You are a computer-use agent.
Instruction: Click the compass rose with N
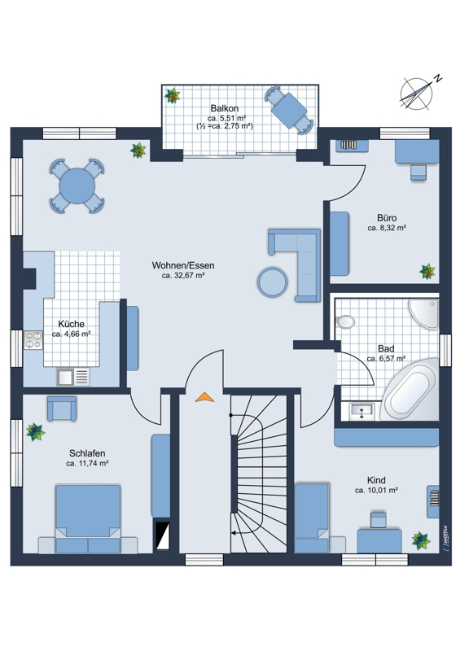[x=418, y=94]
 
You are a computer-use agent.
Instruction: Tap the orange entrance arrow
[x=205, y=397]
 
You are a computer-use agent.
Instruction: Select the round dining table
[x=77, y=186]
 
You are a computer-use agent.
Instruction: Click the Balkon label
[x=225, y=108]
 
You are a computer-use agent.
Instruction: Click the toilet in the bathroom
[x=345, y=321]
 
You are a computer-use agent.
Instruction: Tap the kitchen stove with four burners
[x=33, y=340]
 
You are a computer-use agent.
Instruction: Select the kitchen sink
[x=73, y=377]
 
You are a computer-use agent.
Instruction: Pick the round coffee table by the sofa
[x=273, y=282]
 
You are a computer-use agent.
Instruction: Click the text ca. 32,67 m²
[x=183, y=275]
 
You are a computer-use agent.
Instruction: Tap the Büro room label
[x=387, y=218]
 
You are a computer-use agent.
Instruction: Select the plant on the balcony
[x=172, y=96]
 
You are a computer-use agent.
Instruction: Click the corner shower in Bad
[x=423, y=313]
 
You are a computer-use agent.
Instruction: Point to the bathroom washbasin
[x=362, y=411]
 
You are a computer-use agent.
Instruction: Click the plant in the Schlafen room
[x=35, y=432]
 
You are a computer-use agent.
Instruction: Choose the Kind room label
[x=376, y=480]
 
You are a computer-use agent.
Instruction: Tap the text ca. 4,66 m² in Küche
[x=72, y=334]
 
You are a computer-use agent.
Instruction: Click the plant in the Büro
[x=427, y=272]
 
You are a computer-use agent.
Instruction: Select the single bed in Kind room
[x=312, y=518]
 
